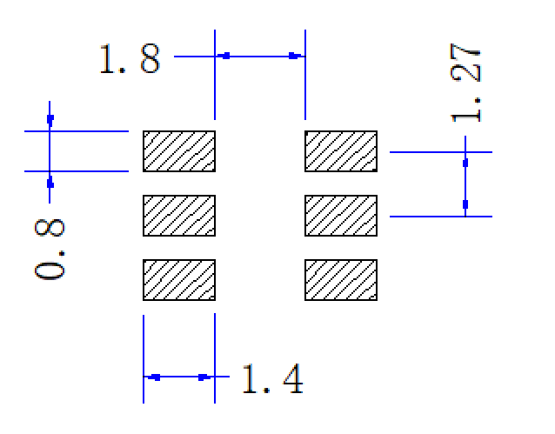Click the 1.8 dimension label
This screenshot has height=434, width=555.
[x=130, y=59]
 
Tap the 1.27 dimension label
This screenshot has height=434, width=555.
[x=465, y=83]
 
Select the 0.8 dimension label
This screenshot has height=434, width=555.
[x=50, y=250]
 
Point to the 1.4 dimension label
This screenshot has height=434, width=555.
[x=272, y=379]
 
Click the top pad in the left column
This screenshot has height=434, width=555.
[x=179, y=151]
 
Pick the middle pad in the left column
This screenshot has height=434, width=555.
[x=179, y=216]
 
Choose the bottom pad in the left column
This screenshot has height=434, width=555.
[x=179, y=280]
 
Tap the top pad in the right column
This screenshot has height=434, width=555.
[x=341, y=151]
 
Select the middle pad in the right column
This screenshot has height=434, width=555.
[x=341, y=216]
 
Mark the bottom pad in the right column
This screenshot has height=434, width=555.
[x=341, y=280]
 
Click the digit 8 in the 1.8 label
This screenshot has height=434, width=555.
[x=150, y=59]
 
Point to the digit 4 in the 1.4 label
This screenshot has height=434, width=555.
[x=293, y=379]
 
